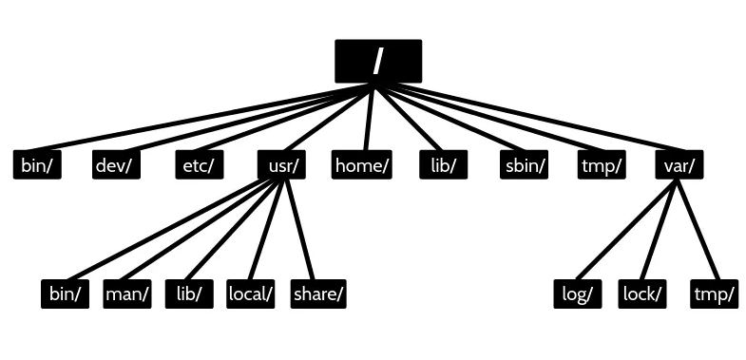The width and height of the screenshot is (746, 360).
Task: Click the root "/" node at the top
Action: click(378, 61)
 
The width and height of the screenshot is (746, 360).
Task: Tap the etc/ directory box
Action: click(199, 165)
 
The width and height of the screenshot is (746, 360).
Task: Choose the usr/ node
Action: click(282, 165)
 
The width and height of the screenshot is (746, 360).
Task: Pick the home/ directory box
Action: click(362, 165)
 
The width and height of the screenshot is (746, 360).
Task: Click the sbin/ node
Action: click(525, 165)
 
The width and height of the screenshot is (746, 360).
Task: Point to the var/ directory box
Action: click(679, 165)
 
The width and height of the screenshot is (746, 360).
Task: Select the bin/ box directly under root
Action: click(37, 165)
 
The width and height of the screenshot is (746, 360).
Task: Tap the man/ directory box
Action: click(127, 294)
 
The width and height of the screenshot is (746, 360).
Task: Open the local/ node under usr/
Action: click(251, 294)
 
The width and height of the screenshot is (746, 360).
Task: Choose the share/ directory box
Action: click(317, 294)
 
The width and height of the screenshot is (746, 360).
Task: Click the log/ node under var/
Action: click(578, 294)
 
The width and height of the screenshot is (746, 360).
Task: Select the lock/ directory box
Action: click(641, 294)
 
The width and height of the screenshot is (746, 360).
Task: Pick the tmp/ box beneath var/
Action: click(715, 294)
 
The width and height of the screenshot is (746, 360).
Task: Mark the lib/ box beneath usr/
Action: click(188, 294)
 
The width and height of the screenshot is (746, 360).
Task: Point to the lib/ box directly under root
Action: click(444, 165)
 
